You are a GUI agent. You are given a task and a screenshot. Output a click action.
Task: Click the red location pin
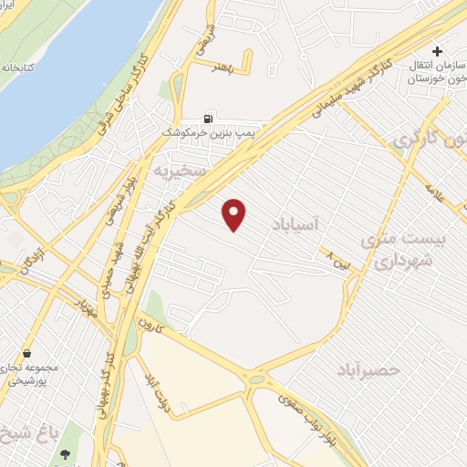click(235, 213)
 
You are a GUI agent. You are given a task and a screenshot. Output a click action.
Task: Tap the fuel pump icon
click(210, 118)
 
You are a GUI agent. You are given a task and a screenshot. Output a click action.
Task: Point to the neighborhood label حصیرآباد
click(394, 369)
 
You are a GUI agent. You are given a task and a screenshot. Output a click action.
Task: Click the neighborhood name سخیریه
click(175, 171)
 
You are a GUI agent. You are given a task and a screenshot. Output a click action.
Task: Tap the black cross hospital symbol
click(438, 51)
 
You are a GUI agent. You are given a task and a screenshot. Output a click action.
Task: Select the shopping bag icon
click(28, 353)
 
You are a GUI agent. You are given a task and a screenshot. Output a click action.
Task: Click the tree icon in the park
click(65, 454)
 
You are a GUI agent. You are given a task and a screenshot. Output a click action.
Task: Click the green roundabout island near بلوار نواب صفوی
click(256, 379)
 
